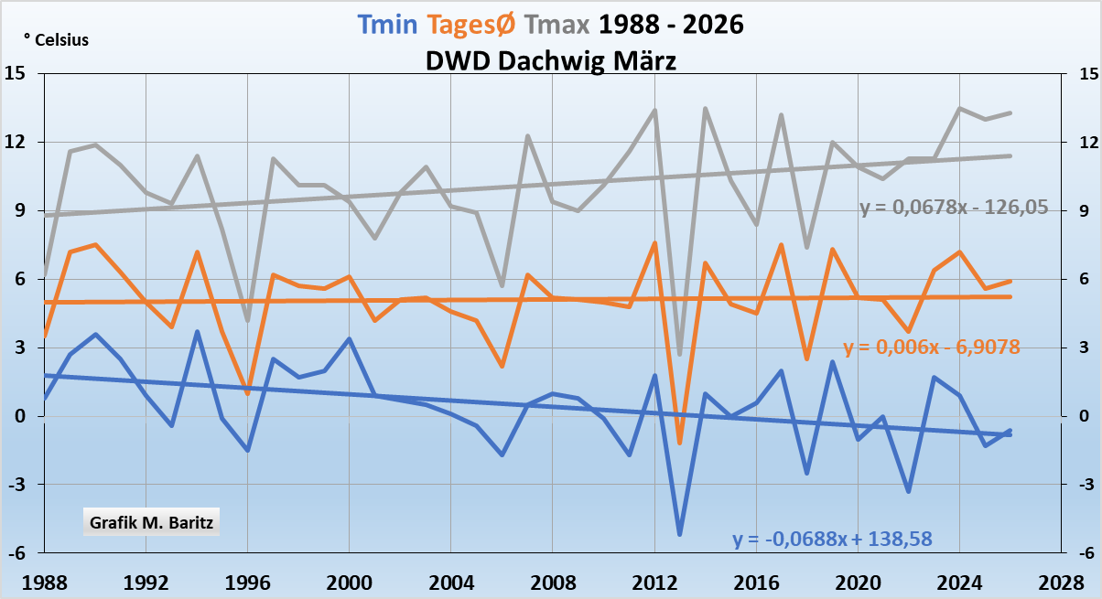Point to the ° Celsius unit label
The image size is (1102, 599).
pos(56,40)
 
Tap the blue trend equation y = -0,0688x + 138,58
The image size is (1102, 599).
pos(832,539)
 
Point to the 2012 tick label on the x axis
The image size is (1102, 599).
pos(654,583)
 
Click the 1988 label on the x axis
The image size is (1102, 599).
pos(44,583)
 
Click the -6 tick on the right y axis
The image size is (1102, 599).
pos(1086,553)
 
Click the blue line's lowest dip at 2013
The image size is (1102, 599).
pos(680,534)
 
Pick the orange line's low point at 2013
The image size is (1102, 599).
pos(680,443)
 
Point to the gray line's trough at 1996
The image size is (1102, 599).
pos(247,321)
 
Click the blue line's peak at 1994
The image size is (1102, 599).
pos(197,332)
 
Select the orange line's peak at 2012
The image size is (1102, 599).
pos(654,243)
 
